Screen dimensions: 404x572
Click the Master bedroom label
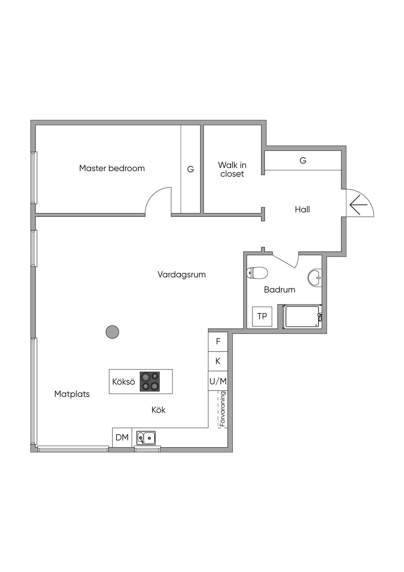coord(112,168)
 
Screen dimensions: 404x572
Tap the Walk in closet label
coord(232,169)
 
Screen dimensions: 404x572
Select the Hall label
coord(302,209)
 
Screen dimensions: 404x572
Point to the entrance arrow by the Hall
coord(358,205)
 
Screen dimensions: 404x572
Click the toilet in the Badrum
coord(257,273)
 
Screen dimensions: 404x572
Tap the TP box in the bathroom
coord(262,316)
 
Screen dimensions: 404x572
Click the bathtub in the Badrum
coord(302,317)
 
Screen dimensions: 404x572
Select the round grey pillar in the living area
coord(112,332)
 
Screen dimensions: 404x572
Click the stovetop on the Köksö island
coord(150,382)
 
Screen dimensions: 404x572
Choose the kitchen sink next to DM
coord(146,438)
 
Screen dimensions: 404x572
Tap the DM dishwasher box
coord(122,437)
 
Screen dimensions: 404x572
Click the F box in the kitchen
coord(218,342)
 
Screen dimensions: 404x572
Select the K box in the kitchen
coord(218,361)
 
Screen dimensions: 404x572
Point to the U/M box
coord(218,381)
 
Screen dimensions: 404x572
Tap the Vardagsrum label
coord(181,275)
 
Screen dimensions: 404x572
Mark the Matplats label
coord(72,394)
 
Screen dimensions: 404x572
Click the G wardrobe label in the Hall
coord(303,160)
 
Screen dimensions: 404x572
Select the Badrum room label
coord(280,290)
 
